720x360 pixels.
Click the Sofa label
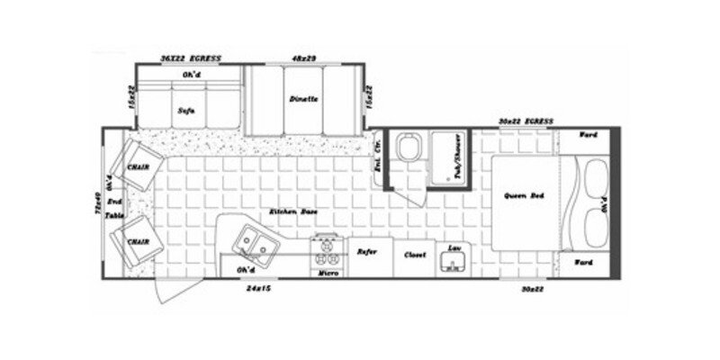coord(186,112)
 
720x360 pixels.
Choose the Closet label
coord(413,255)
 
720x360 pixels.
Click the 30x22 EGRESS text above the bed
coord(527,121)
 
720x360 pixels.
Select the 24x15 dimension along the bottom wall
coord(257,290)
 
